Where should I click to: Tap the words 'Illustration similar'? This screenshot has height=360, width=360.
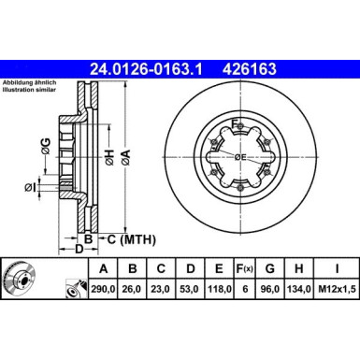(32, 90)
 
